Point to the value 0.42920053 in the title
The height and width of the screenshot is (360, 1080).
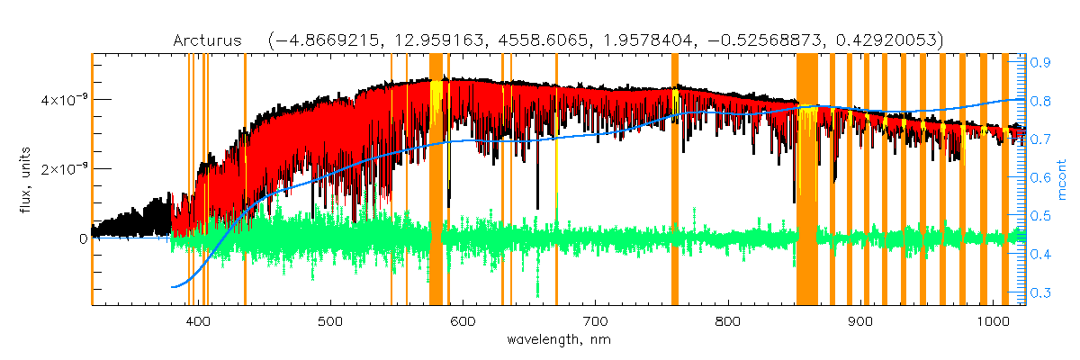(887, 40)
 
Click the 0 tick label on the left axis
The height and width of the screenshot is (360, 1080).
(83, 238)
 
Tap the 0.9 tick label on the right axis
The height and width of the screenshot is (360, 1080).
(1043, 63)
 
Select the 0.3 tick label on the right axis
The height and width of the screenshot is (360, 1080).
(1043, 293)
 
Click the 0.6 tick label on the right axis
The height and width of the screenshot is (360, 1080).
(1043, 178)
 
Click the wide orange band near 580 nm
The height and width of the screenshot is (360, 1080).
(436, 180)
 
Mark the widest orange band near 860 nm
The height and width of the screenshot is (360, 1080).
(806, 180)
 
